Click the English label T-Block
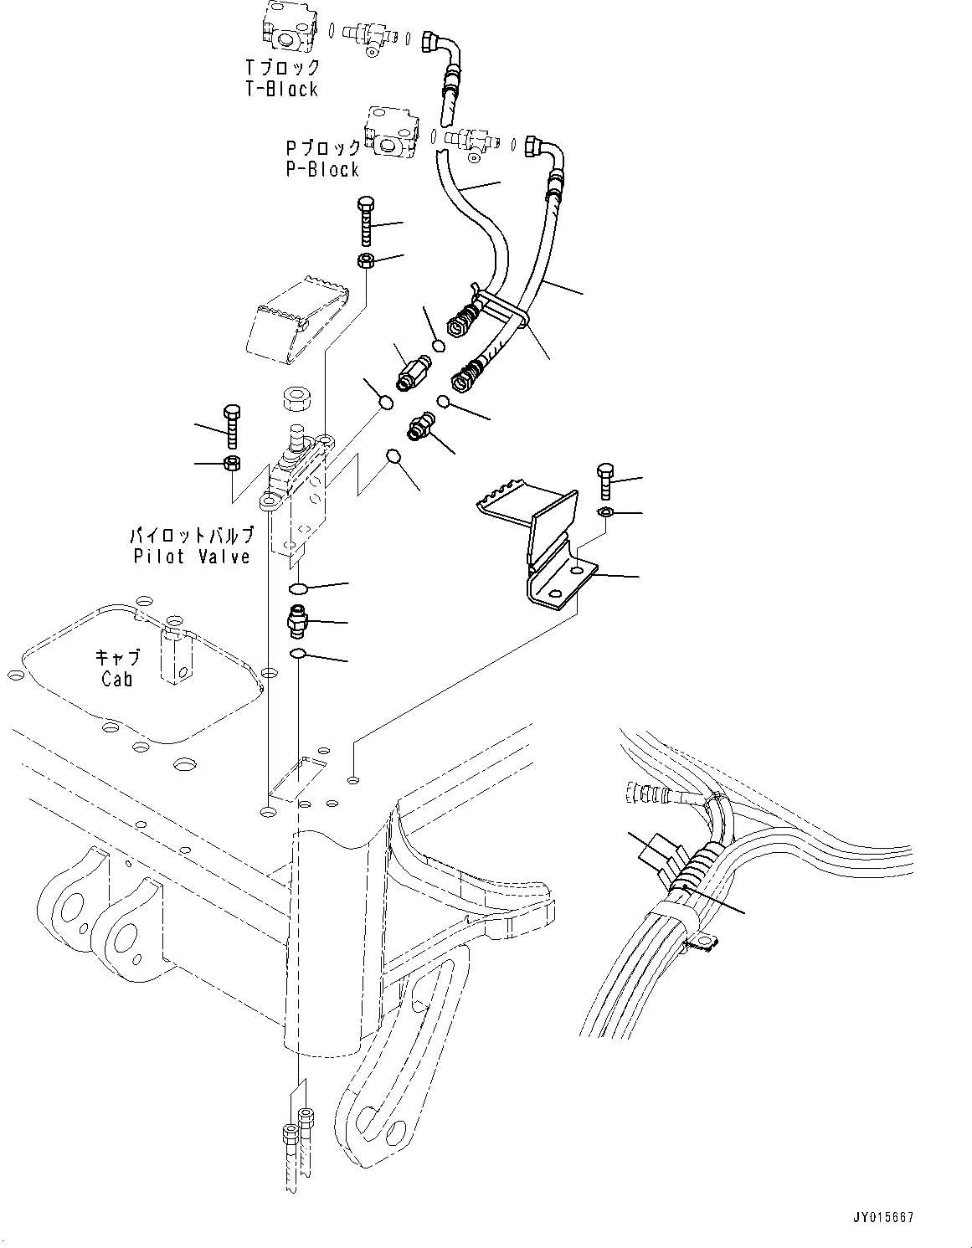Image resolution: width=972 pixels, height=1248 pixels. pos(281,89)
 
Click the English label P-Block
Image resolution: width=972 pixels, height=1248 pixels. pos(321,169)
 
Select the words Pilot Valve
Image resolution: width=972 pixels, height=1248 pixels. pos(192,557)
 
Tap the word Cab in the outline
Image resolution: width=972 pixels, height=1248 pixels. pos(116,679)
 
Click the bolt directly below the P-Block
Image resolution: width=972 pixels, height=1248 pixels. pos(366,222)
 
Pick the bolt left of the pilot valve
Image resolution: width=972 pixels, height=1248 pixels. pos(233,426)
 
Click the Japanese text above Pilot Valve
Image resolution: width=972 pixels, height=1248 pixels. pos(191,537)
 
